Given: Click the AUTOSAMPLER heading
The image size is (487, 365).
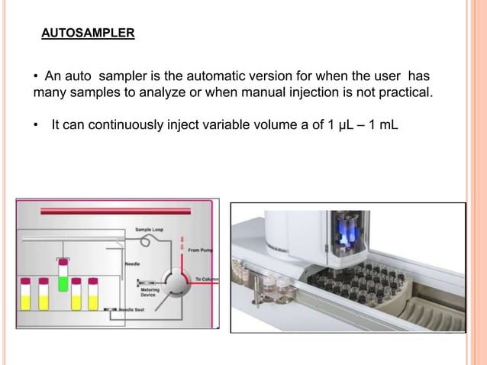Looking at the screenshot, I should tap(88, 34).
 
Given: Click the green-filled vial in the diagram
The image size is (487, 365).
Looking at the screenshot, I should tap(63, 273).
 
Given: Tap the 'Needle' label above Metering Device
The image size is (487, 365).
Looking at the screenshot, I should tap(131, 264).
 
